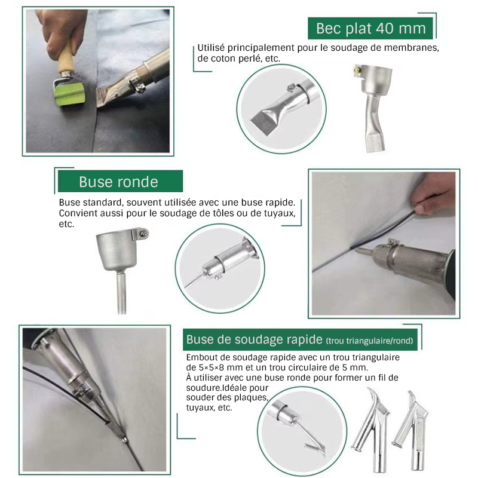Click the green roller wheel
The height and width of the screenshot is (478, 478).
(69, 94)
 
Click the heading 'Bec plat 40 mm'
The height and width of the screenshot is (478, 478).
(370, 28)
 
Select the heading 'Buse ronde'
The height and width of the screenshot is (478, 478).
(118, 182)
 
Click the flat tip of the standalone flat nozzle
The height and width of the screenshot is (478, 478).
(375, 143)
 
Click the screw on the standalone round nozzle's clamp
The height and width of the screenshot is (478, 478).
(143, 234)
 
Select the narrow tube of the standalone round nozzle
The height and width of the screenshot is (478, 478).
(121, 292)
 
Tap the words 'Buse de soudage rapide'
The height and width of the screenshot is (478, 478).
(255, 339)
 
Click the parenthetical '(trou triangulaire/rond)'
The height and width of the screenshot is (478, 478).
(369, 341)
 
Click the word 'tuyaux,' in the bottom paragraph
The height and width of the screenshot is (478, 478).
(200, 407)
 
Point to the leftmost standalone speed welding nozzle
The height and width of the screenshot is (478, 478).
(370, 430)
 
